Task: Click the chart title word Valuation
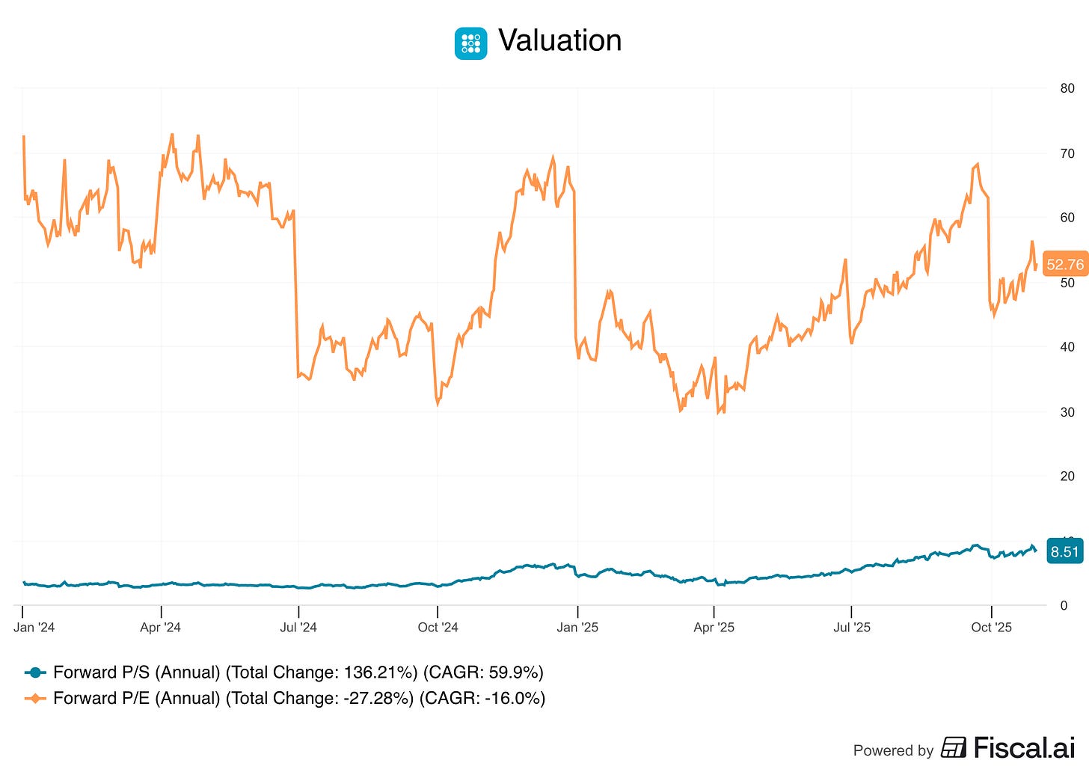(559, 40)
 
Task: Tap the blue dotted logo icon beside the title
(470, 43)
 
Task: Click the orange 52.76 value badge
(1064, 265)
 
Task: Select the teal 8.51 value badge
(1064, 552)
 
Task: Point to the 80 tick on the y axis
(1067, 88)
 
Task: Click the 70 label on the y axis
(1067, 153)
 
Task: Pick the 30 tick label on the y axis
(1067, 412)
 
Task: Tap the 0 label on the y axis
(1064, 606)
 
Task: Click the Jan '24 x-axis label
(34, 628)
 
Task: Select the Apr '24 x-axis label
(160, 628)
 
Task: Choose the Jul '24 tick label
(298, 628)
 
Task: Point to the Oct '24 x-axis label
(438, 628)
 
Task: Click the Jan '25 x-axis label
(577, 628)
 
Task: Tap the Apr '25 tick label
(714, 628)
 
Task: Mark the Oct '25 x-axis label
(991, 628)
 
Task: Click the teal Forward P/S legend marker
(35, 673)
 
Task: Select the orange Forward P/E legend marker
(35, 699)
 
